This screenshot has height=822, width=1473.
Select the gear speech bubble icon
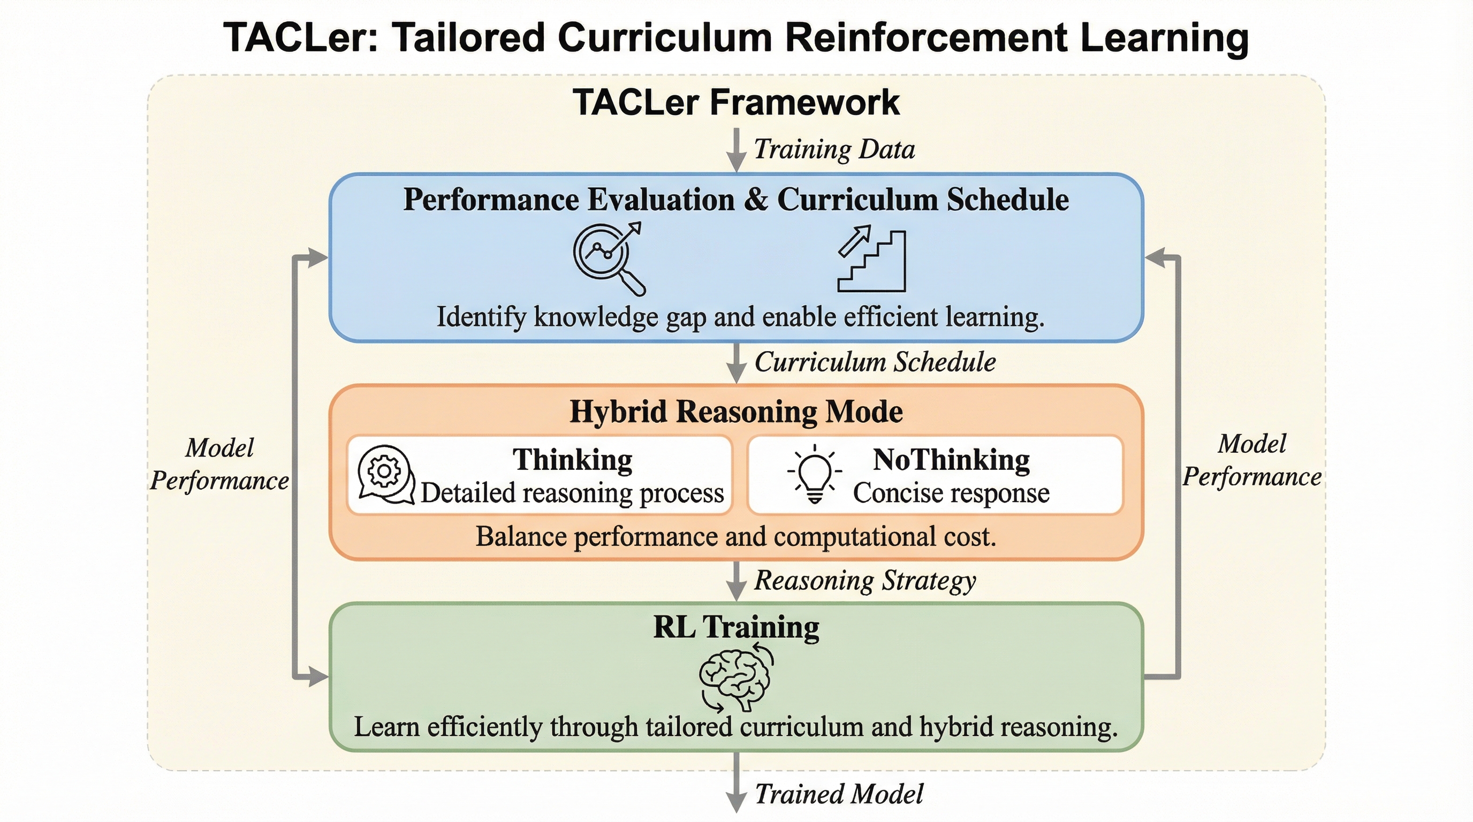coord(385,475)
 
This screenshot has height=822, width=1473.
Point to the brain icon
coord(736,678)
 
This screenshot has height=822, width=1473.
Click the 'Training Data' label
coord(834,150)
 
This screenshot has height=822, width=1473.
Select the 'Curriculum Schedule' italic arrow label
coord(875,362)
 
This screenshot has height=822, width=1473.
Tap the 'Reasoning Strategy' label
coord(865,581)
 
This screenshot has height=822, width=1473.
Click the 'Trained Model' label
coord(839,794)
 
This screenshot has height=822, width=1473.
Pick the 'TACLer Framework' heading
coord(736,103)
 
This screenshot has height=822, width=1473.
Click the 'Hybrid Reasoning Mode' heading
coord(736,412)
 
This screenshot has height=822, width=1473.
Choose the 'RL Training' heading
coord(736,627)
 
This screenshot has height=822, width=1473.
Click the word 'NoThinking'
coord(951,460)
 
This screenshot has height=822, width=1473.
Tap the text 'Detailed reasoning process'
coord(572,493)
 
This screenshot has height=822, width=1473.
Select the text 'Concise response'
coord(951,493)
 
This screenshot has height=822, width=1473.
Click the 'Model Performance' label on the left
coord(219,464)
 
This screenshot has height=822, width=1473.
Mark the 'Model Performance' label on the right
coord(1252,461)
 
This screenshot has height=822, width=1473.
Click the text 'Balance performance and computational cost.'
coord(736,537)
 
